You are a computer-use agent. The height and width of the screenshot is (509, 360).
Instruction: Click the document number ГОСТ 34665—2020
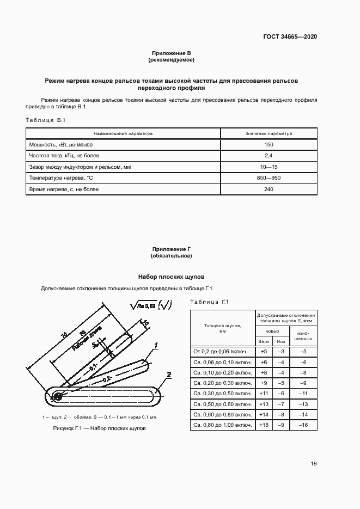coord(290,37)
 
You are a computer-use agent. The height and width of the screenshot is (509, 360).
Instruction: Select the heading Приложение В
coord(172,53)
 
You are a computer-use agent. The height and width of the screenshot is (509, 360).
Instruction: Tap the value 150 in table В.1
coord(269,145)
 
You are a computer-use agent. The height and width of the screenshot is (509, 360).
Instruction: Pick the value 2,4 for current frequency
coord(269,156)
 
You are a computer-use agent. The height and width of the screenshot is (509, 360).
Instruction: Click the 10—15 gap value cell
coord(269,167)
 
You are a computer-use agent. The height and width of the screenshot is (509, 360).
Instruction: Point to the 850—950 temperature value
coord(269,178)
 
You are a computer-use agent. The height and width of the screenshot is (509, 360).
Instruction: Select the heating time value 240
coord(269,189)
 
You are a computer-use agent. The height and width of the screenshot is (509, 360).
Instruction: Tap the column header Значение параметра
coord(269,133)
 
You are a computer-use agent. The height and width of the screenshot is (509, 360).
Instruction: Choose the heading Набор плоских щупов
coord(172,277)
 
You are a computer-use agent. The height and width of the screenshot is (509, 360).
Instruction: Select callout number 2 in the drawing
coord(169,375)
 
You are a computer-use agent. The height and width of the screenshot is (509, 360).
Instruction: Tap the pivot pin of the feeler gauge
coord(57,396)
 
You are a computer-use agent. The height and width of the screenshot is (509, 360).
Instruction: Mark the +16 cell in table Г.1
coord(264,425)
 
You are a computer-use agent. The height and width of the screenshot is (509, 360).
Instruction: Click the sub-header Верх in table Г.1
coord(264,341)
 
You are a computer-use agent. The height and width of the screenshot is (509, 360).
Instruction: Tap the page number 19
coord(313,464)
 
